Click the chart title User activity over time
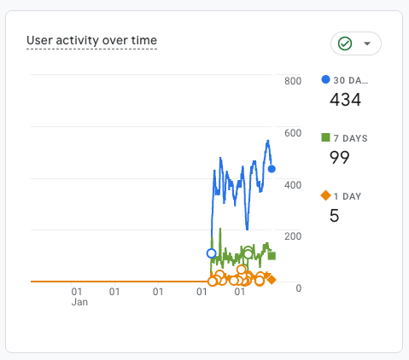[91, 40]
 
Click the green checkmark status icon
[345, 44]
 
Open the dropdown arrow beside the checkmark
[367, 44]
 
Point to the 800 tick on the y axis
[293, 81]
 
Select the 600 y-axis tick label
[293, 133]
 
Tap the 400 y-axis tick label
[293, 185]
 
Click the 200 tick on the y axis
[293, 236]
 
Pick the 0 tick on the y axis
[298, 288]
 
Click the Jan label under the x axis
[79, 302]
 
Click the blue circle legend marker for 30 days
[325, 79]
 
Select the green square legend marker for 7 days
[325, 137]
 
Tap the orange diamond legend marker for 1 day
[325, 195]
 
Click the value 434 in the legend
[345, 100]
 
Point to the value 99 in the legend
[339, 158]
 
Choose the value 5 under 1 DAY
[334, 216]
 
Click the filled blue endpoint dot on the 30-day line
[272, 169]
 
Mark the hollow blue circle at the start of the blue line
[211, 253]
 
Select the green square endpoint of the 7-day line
[272, 256]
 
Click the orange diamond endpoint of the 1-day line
[272, 280]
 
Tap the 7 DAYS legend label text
[350, 138]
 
